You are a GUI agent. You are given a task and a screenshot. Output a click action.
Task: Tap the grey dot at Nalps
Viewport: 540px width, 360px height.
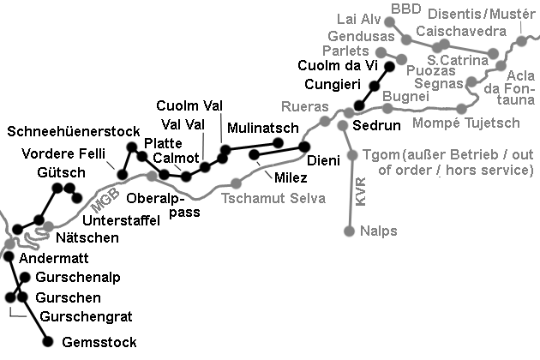pos(350,231)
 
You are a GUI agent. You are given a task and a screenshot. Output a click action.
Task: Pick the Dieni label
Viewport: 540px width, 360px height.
pos(323,159)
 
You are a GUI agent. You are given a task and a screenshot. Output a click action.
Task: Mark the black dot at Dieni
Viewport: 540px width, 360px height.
pos(303,146)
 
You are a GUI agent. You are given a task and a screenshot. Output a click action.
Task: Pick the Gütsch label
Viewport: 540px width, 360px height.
pos(61,173)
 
